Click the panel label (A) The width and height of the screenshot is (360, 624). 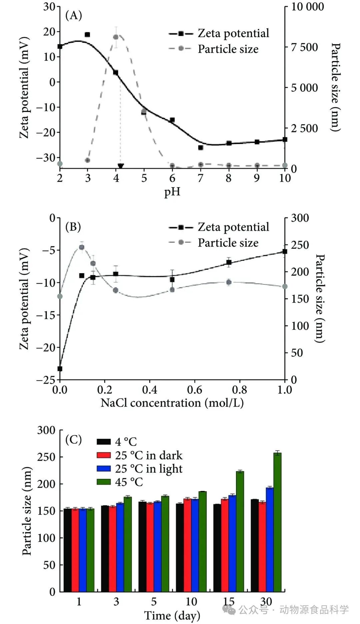(74, 15)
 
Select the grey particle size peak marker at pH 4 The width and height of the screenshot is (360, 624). (116, 37)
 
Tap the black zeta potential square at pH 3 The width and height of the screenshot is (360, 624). (87, 35)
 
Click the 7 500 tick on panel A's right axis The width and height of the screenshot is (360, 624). (304, 47)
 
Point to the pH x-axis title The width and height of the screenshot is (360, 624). (172, 192)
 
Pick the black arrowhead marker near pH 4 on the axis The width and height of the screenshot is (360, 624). (121, 166)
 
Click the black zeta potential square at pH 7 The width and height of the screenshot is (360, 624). (201, 147)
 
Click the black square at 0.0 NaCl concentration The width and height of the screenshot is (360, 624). (60, 369)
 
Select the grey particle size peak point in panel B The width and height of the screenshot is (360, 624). (82, 247)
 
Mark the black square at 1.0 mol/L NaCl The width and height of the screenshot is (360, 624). (285, 251)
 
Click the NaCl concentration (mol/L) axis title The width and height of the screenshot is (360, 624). (172, 403)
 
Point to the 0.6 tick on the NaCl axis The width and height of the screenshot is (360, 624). (195, 390)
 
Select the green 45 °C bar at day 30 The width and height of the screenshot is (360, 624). (277, 522)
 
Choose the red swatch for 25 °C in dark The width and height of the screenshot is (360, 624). (103, 455)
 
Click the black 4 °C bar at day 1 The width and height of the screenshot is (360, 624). (67, 550)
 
